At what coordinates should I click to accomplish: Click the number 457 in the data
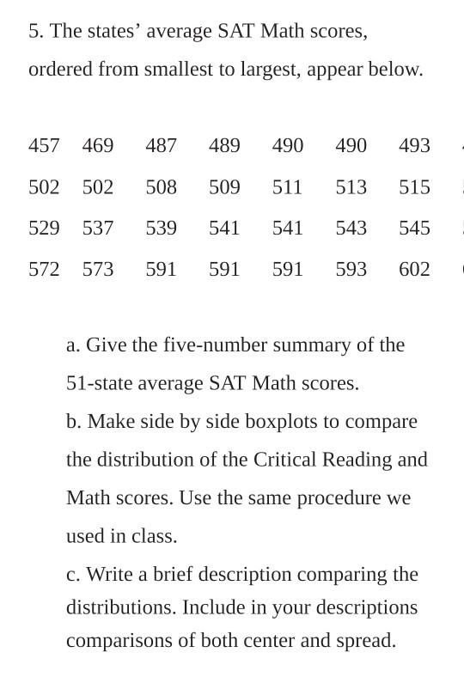(x=44, y=146)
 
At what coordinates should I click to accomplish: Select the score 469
(x=98, y=146)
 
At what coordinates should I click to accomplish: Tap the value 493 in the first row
(x=414, y=146)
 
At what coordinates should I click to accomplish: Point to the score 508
(x=161, y=187)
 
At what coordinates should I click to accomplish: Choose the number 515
(x=414, y=187)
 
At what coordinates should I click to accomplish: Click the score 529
(x=44, y=229)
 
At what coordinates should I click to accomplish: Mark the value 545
(x=414, y=229)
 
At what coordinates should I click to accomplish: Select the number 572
(x=44, y=270)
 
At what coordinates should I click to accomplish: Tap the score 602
(x=414, y=270)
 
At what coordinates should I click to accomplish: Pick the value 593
(x=351, y=270)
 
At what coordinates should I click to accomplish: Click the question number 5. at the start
(x=36, y=32)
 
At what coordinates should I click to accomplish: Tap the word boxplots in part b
(x=283, y=422)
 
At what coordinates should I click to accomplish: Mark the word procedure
(x=336, y=498)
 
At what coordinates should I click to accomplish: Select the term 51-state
(x=96, y=383)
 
